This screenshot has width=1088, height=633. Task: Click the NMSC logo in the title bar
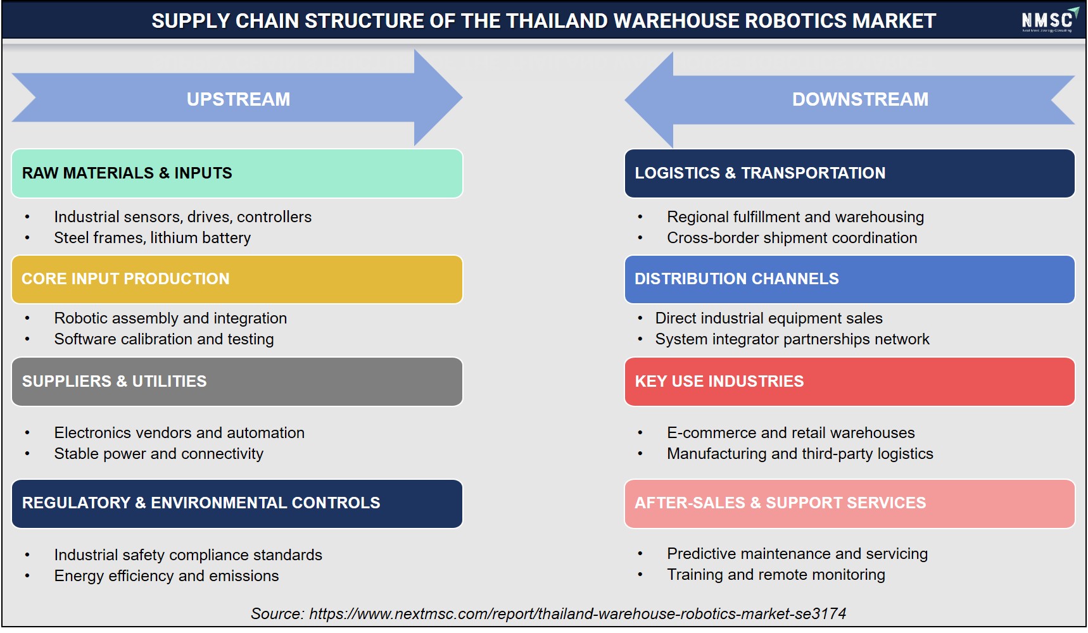(1049, 20)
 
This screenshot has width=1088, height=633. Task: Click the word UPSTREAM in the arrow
(238, 99)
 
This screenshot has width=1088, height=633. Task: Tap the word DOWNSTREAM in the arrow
(860, 99)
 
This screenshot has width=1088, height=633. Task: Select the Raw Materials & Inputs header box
(237, 173)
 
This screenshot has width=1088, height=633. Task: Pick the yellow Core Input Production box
(237, 279)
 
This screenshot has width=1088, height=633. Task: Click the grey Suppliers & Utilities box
(237, 382)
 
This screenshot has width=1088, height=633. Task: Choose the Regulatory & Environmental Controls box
(237, 504)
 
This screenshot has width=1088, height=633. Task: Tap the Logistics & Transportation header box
(849, 173)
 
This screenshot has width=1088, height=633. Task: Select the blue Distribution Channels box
(849, 279)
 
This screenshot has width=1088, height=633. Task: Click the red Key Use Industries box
(849, 382)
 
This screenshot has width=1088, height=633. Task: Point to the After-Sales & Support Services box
(849, 504)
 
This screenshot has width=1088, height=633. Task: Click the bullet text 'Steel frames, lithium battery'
(153, 238)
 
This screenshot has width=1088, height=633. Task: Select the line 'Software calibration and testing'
(164, 339)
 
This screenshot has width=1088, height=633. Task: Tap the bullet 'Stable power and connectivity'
(159, 454)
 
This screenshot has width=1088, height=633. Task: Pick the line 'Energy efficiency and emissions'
(167, 576)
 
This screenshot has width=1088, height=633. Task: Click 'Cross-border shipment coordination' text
(792, 238)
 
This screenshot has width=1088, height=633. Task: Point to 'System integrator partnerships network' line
(792, 339)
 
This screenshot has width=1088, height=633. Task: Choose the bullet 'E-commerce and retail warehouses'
(791, 433)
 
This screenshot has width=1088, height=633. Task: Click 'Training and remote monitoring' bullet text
(776, 575)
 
